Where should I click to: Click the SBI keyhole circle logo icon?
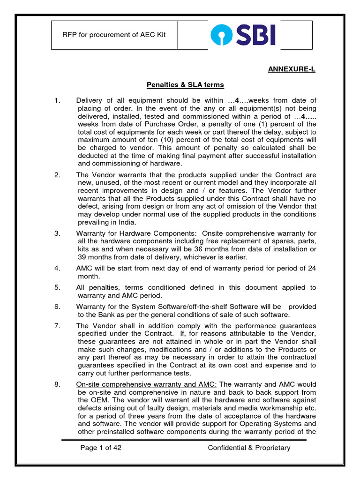click(220, 35)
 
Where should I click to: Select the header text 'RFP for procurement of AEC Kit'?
click(114, 35)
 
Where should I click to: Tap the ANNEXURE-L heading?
click(292, 69)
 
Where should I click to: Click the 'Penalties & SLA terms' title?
click(185, 85)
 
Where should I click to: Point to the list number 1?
click(57, 100)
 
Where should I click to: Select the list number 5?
click(57, 287)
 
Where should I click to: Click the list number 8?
click(57, 384)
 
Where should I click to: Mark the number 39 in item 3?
click(83, 257)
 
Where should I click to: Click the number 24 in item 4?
click(311, 268)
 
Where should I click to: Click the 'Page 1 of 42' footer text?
click(101, 448)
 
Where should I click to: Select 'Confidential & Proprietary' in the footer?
click(249, 448)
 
